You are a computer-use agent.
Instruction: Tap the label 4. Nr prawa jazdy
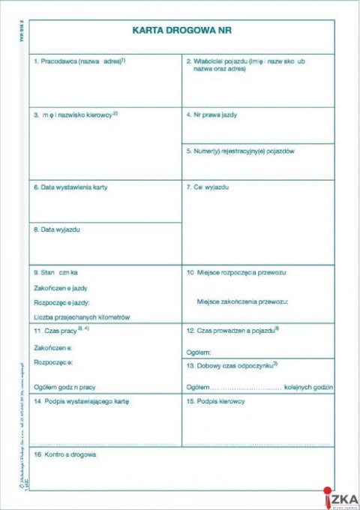[212, 115]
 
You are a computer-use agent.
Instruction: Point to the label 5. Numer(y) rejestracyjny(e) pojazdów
[240, 151]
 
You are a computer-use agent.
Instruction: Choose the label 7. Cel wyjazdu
[208, 187]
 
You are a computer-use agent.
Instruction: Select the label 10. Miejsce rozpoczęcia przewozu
[237, 271]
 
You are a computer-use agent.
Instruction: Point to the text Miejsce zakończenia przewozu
[241, 301]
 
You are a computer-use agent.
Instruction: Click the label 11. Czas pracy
[57, 330]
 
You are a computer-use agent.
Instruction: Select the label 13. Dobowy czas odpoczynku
[229, 364]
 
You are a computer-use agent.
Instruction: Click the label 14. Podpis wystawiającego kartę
[81, 402]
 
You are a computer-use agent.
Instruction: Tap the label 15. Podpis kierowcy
[216, 402]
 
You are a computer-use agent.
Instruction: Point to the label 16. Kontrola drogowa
[64, 454]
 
